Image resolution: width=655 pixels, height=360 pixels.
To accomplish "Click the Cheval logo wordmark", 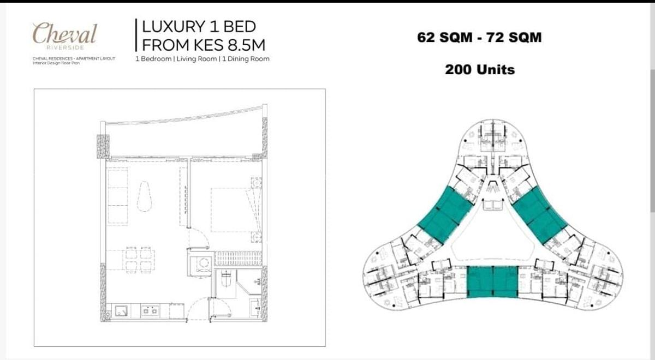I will [64, 34].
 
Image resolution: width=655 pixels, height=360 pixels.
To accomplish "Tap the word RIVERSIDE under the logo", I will [65, 47].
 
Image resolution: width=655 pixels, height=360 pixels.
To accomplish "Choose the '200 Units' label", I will [479, 69].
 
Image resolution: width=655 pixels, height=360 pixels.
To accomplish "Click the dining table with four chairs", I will [138, 259].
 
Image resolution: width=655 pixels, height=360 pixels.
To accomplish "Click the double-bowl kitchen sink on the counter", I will [149, 311].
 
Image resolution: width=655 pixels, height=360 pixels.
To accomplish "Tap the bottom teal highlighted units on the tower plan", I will [492, 281].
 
